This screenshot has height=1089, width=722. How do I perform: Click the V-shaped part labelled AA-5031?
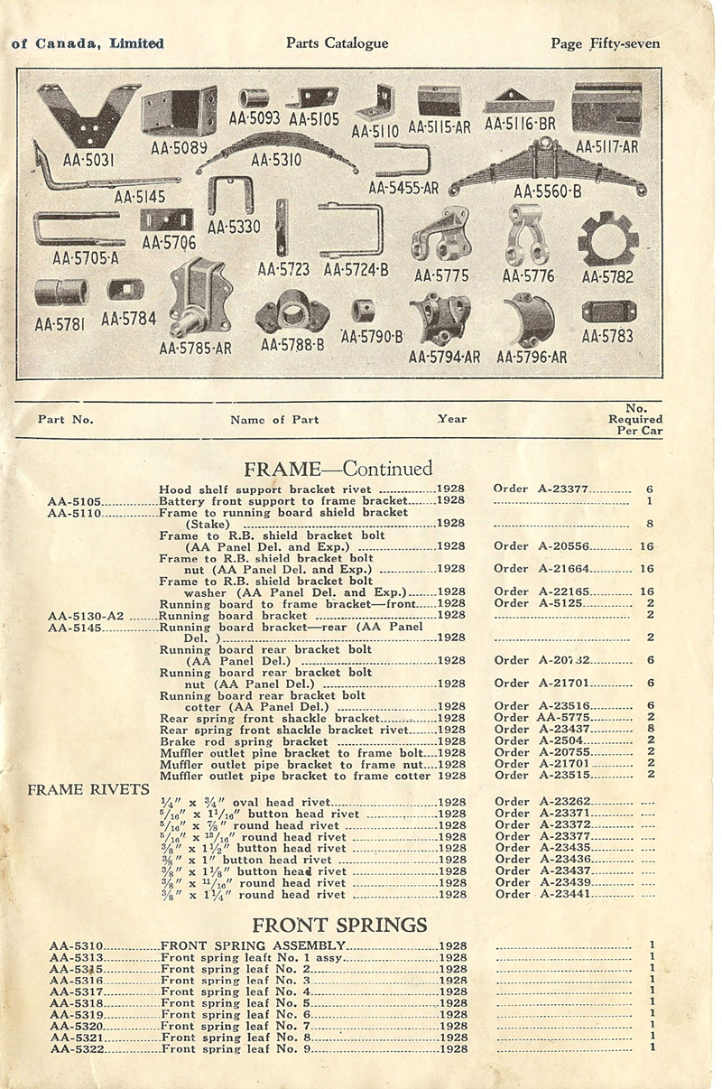(88, 116)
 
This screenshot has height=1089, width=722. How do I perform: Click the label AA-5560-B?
(547, 191)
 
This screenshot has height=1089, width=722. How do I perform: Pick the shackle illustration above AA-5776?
(527, 235)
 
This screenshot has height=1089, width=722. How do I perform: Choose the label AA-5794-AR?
(444, 357)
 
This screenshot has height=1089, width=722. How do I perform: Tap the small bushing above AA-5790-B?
(363, 311)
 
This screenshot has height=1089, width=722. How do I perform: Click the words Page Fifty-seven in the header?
(606, 43)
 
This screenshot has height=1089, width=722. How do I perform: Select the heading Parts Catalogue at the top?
(337, 43)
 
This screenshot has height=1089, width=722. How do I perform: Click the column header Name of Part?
(274, 420)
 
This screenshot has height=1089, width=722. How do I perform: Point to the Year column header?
(452, 419)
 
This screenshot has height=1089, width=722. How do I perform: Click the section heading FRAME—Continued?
(338, 469)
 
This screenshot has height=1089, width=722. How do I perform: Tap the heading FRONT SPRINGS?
(339, 925)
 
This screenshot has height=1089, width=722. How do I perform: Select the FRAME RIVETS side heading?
(88, 789)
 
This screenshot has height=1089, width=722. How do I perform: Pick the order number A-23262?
(565, 802)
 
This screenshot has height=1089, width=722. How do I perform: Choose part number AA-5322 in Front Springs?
(78, 1049)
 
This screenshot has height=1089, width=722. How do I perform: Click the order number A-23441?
(565, 894)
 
